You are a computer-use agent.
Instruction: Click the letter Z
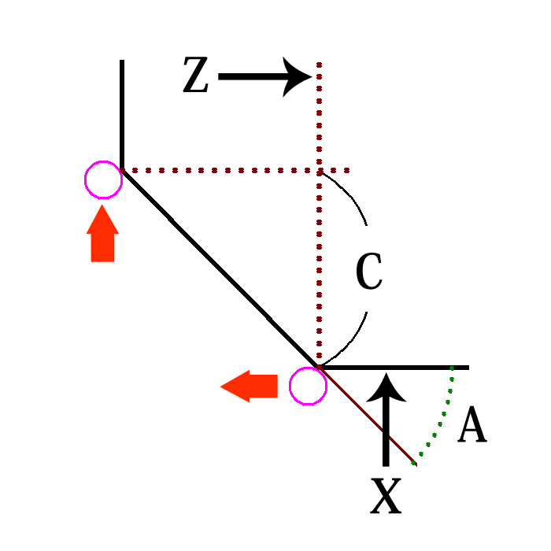click(195, 77)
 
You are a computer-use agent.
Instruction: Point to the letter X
click(386, 497)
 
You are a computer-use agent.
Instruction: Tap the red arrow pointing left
click(250, 386)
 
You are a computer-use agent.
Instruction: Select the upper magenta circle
click(103, 180)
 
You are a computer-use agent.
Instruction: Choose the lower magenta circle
click(308, 386)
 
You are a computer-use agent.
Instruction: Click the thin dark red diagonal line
click(370, 418)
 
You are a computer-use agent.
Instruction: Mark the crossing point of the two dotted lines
click(319, 170)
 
